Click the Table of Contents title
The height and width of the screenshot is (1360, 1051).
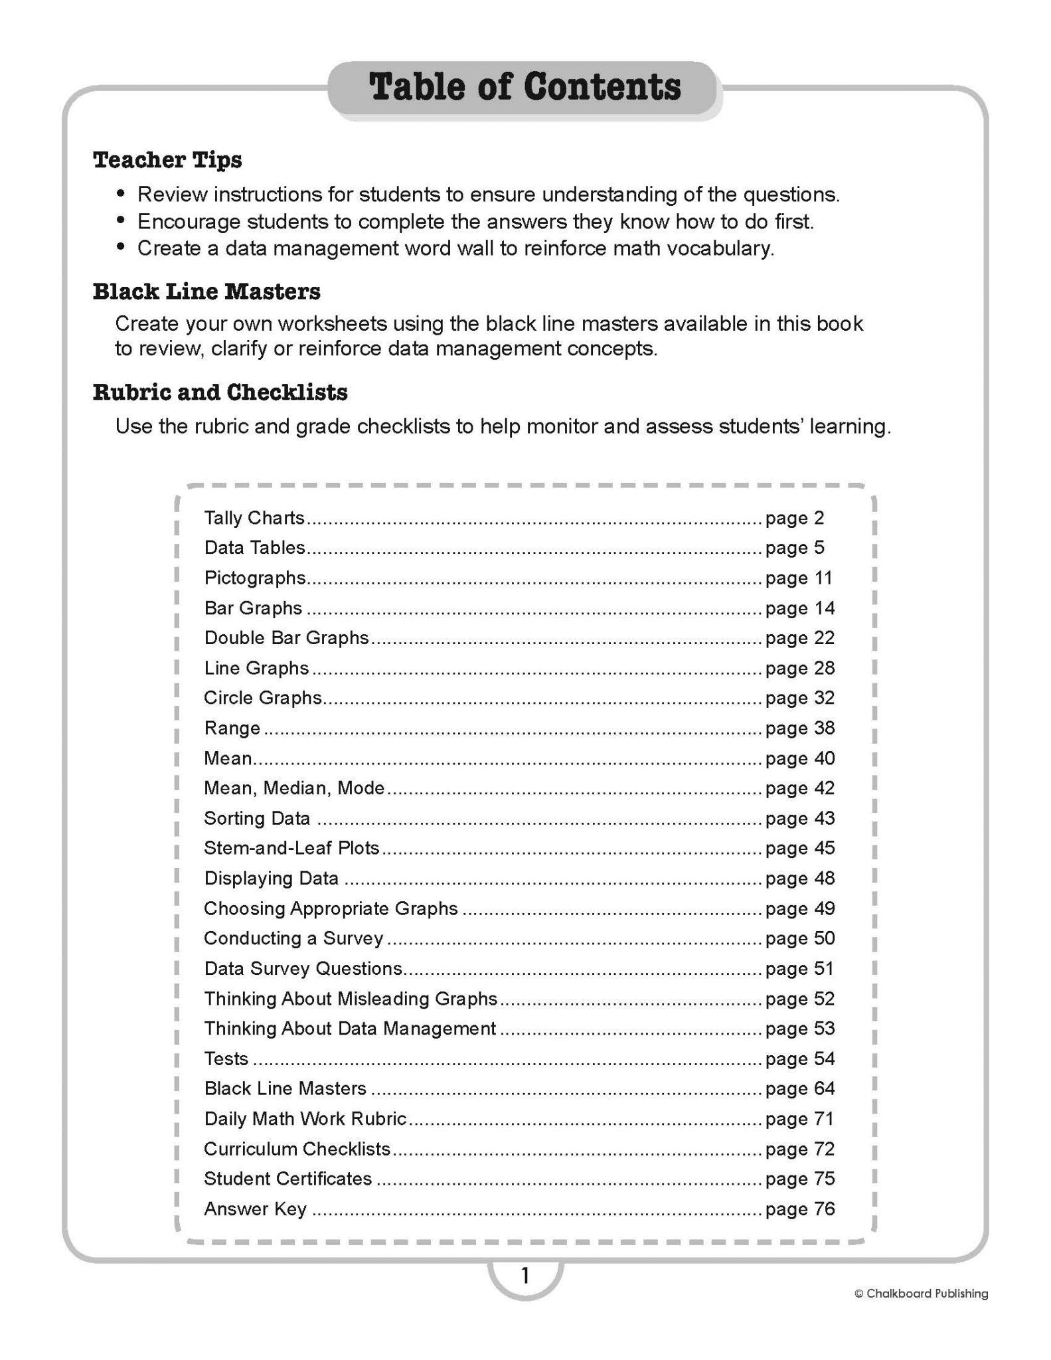pos(525,88)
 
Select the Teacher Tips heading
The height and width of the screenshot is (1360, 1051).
pos(167,160)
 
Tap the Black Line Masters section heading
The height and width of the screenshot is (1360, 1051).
pos(206,292)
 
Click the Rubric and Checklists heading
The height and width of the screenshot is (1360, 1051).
pos(220,392)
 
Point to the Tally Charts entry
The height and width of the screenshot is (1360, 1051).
pos(254,518)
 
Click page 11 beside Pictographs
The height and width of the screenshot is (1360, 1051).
pos(799,578)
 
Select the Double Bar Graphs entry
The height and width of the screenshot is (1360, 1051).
pos(286,638)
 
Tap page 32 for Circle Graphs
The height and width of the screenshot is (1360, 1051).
pos(799,698)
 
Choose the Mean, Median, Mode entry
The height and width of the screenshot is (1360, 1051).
pos(294,788)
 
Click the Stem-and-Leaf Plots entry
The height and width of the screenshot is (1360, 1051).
pos(291,848)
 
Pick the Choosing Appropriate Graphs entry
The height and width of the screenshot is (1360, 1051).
pos(331,908)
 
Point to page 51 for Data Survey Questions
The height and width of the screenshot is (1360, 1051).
pos(799,969)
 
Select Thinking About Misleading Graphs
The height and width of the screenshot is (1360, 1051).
pos(351,999)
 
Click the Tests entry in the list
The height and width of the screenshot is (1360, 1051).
pos(226,1059)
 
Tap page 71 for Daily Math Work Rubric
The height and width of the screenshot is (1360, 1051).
pos(799,1119)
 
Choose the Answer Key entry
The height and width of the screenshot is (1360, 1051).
pos(255,1209)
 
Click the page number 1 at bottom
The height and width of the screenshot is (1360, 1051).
pos(525,1276)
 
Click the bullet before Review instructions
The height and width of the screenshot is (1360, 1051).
pos(121,193)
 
